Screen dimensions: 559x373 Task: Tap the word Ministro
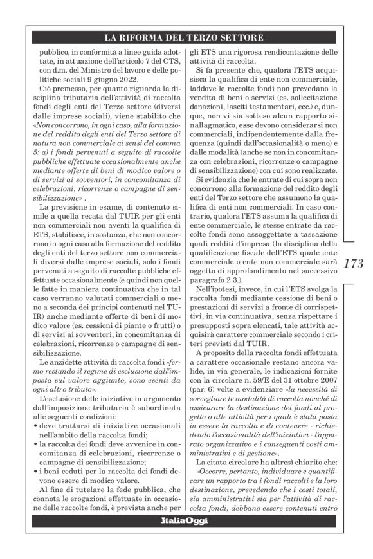(111, 70)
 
